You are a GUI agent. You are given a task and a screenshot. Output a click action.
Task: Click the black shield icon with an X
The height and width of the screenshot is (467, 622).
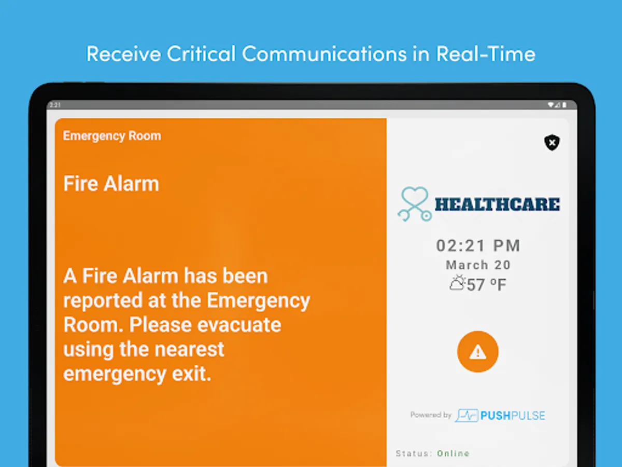click(552, 142)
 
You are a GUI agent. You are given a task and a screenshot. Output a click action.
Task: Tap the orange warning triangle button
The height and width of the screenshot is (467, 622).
click(478, 352)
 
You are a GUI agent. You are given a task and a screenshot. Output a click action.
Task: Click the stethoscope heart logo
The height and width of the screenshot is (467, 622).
click(415, 204)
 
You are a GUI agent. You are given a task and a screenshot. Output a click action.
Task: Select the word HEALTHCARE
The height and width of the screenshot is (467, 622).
click(497, 205)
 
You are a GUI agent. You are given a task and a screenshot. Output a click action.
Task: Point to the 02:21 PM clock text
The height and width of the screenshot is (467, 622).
click(478, 245)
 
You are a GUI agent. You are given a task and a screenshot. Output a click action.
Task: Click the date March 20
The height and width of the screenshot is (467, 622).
click(478, 265)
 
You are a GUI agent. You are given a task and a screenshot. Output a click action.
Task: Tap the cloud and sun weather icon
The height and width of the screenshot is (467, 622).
click(457, 283)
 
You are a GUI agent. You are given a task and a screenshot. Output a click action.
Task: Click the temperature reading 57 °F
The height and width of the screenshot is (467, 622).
click(486, 285)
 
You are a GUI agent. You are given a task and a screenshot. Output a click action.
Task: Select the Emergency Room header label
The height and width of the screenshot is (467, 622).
click(112, 136)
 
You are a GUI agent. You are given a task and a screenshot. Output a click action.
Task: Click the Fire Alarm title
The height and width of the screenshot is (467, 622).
click(111, 184)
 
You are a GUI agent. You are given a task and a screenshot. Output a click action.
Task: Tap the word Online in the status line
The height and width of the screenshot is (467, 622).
click(453, 454)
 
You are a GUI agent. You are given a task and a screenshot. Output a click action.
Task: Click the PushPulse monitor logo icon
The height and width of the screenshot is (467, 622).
click(466, 416)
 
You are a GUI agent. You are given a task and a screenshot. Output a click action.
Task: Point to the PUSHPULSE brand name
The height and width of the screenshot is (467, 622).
click(513, 416)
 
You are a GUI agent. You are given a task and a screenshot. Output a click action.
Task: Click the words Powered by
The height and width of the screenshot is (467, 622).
click(431, 415)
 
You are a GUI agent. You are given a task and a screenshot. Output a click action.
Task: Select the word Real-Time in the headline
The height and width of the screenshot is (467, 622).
click(486, 53)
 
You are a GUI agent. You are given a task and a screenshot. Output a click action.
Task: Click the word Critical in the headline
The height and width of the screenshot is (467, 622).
click(201, 53)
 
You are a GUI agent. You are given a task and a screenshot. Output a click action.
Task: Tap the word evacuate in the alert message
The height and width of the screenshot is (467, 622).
click(239, 325)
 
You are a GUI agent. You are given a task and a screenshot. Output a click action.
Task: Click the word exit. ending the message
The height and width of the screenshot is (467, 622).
click(192, 374)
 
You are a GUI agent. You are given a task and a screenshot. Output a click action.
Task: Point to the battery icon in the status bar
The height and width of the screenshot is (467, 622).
click(564, 105)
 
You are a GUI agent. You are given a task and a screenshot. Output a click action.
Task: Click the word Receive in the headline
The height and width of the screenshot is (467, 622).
click(123, 53)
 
